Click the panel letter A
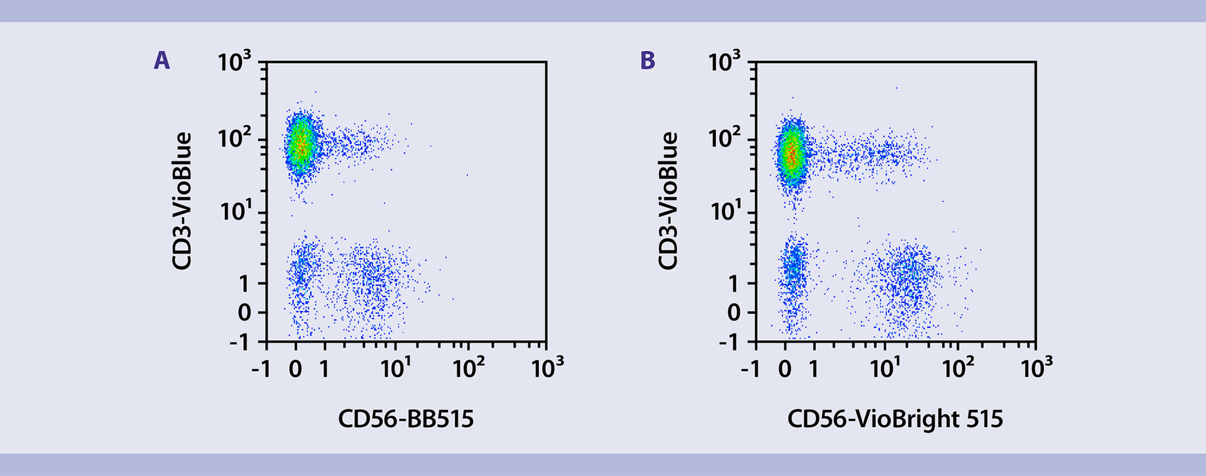click(162, 61)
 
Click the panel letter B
click(648, 61)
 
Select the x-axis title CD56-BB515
click(406, 419)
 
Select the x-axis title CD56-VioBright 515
click(895, 419)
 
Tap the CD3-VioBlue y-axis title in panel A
click(182, 201)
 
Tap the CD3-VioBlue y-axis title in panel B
click(668, 201)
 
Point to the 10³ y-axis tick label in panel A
click(234, 62)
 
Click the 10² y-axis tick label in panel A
click(234, 138)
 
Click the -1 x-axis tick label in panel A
click(261, 369)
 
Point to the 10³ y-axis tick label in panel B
click(724, 62)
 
